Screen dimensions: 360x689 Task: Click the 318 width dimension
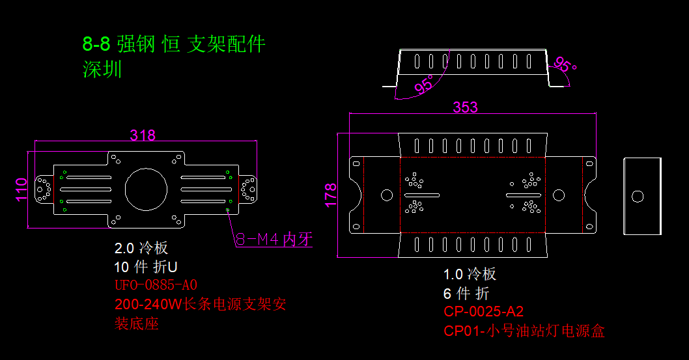pos(143,135)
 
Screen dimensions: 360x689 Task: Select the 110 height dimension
pos(21,189)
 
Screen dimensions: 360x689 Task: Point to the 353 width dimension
pos(465,107)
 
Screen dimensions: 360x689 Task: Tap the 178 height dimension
pos(331,195)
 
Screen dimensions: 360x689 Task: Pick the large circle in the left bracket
pos(146,189)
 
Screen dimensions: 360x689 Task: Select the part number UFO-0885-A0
pos(156,285)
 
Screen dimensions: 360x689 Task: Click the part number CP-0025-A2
pos(483,311)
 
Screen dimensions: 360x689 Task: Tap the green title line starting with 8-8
pos(174,44)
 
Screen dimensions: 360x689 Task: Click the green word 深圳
pos(102,69)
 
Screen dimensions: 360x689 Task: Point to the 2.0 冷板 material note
pos(141,248)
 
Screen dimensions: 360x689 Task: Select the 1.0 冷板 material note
pos(470,274)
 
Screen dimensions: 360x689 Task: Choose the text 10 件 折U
pos(146,267)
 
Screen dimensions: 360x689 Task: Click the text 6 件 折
pos(466,293)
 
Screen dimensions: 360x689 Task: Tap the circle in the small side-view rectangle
pos(638,195)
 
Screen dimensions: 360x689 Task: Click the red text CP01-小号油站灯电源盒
pos(524,331)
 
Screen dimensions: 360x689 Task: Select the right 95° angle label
pos(564,66)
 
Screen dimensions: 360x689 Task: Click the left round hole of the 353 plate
pos(386,195)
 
